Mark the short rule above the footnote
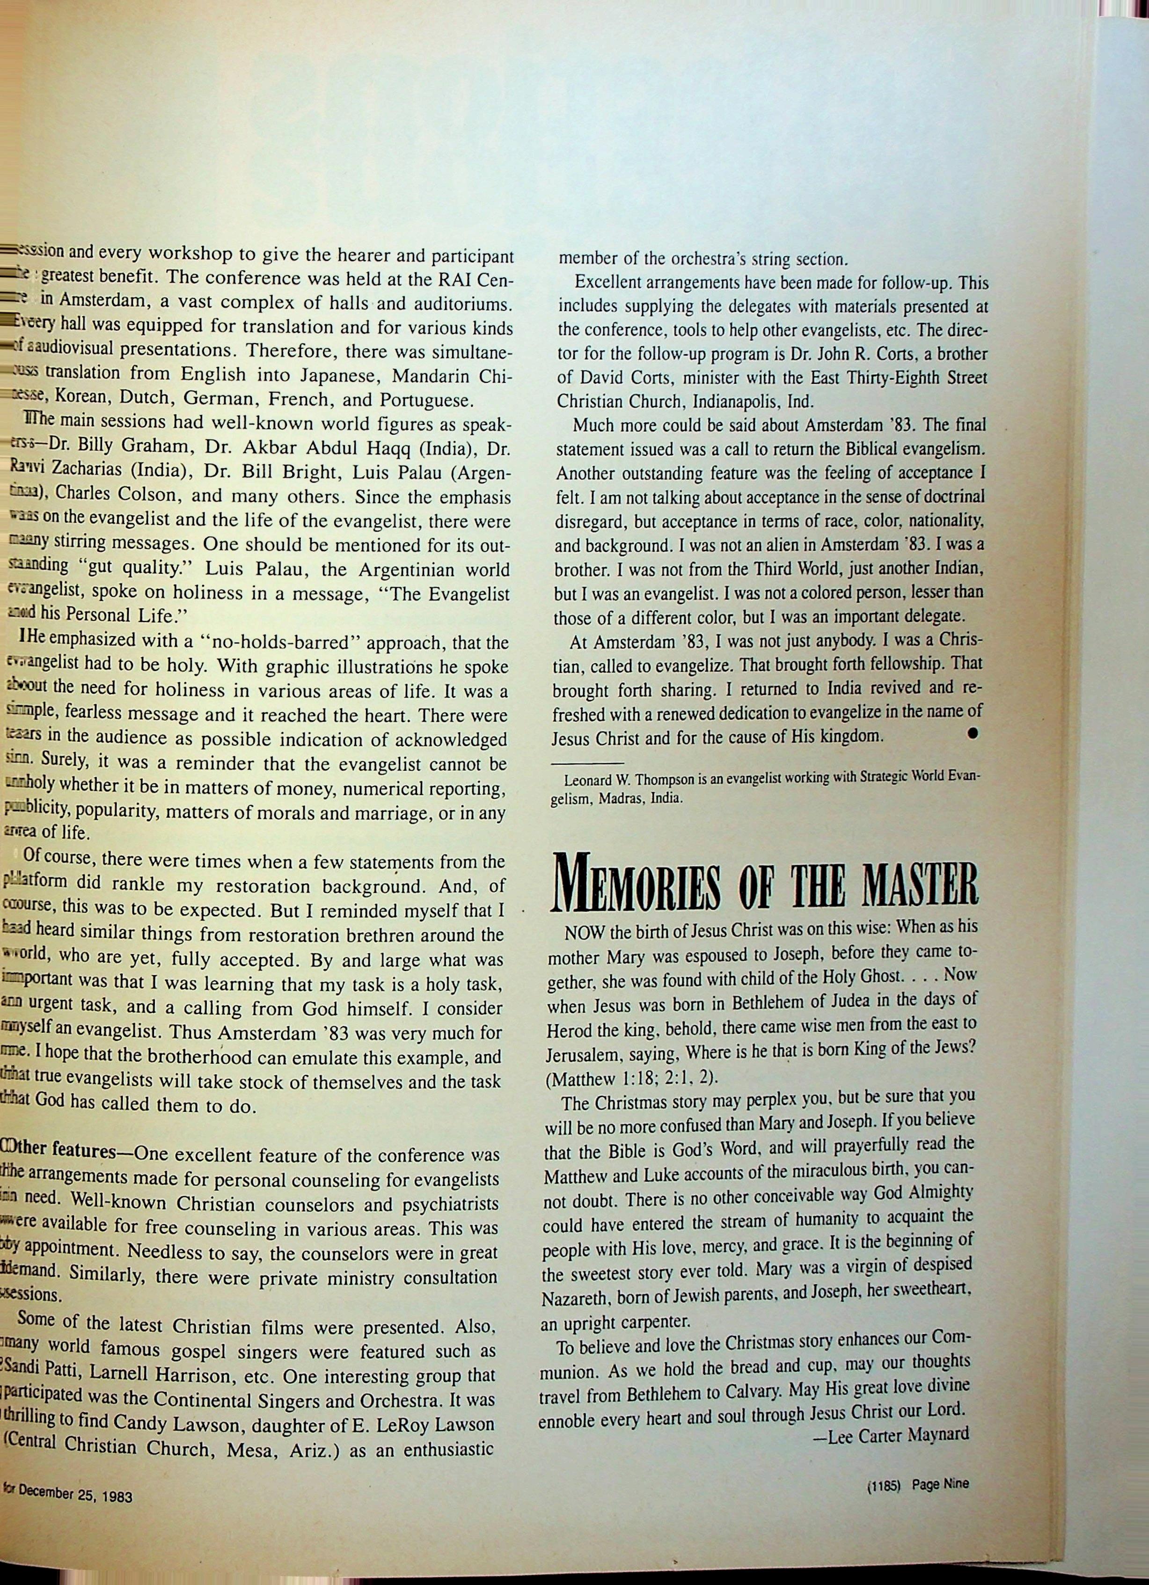point(586,763)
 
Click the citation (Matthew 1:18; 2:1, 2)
point(632,1078)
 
